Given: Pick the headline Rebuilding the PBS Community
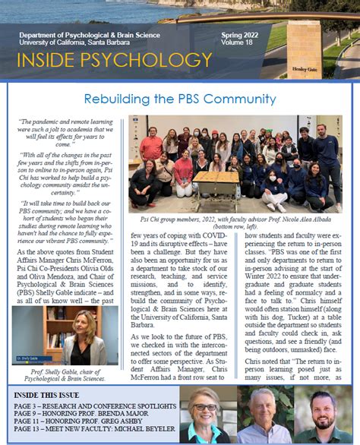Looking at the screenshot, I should click(x=179, y=99).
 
